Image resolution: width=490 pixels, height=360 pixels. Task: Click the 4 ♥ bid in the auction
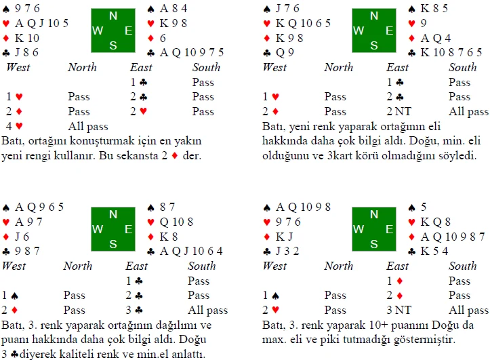(x=14, y=126)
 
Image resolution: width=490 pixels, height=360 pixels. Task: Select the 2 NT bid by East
(x=399, y=111)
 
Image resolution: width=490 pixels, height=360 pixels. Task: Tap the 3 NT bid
(x=399, y=310)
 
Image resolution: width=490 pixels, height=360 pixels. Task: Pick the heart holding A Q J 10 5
(x=35, y=23)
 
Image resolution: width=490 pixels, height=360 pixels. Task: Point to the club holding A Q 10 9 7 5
(x=186, y=52)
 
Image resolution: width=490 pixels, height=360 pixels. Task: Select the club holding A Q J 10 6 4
(x=185, y=252)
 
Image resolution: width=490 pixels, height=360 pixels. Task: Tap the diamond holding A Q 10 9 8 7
(x=447, y=237)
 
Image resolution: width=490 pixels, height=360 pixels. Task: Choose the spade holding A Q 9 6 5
(x=33, y=207)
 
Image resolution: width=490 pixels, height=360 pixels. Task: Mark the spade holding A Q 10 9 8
(x=297, y=207)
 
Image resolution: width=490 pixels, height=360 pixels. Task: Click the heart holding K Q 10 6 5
(x=297, y=23)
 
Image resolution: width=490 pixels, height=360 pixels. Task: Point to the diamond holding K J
(x=279, y=237)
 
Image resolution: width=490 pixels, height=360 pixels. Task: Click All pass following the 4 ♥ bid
(x=88, y=126)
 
